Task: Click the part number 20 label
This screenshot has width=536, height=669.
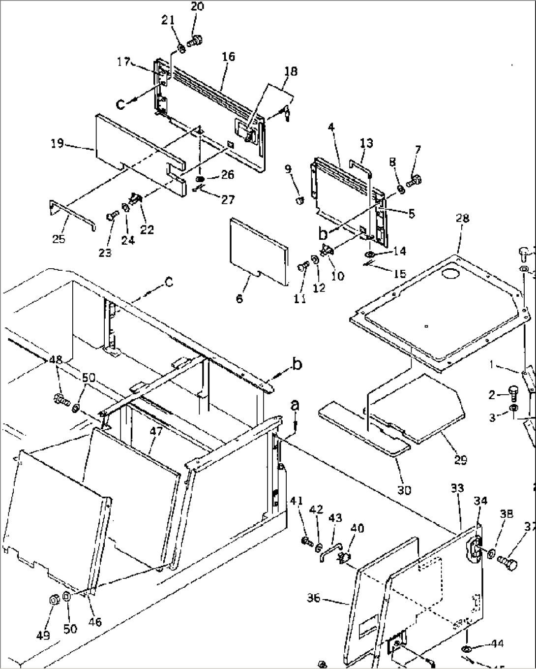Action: click(197, 6)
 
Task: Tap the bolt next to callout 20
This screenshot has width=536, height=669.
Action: click(195, 41)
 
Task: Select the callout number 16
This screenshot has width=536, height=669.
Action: click(228, 57)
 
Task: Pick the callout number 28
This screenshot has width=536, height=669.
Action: click(463, 218)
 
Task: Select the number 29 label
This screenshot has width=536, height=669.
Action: click(460, 460)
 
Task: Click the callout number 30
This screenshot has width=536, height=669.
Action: click(405, 490)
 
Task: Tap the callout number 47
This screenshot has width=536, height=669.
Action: click(156, 432)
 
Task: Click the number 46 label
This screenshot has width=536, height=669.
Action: click(95, 622)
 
